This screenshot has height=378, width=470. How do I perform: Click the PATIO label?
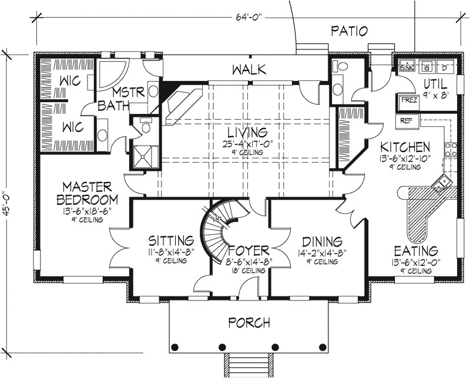pos(349,31)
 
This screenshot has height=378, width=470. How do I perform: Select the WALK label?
pos(249,70)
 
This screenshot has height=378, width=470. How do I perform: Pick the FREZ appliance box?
pos(409,100)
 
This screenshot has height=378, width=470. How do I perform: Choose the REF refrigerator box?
pos(406,120)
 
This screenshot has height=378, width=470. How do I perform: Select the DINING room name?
pos(321,241)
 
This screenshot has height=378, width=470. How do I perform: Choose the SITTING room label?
pos(170,241)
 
